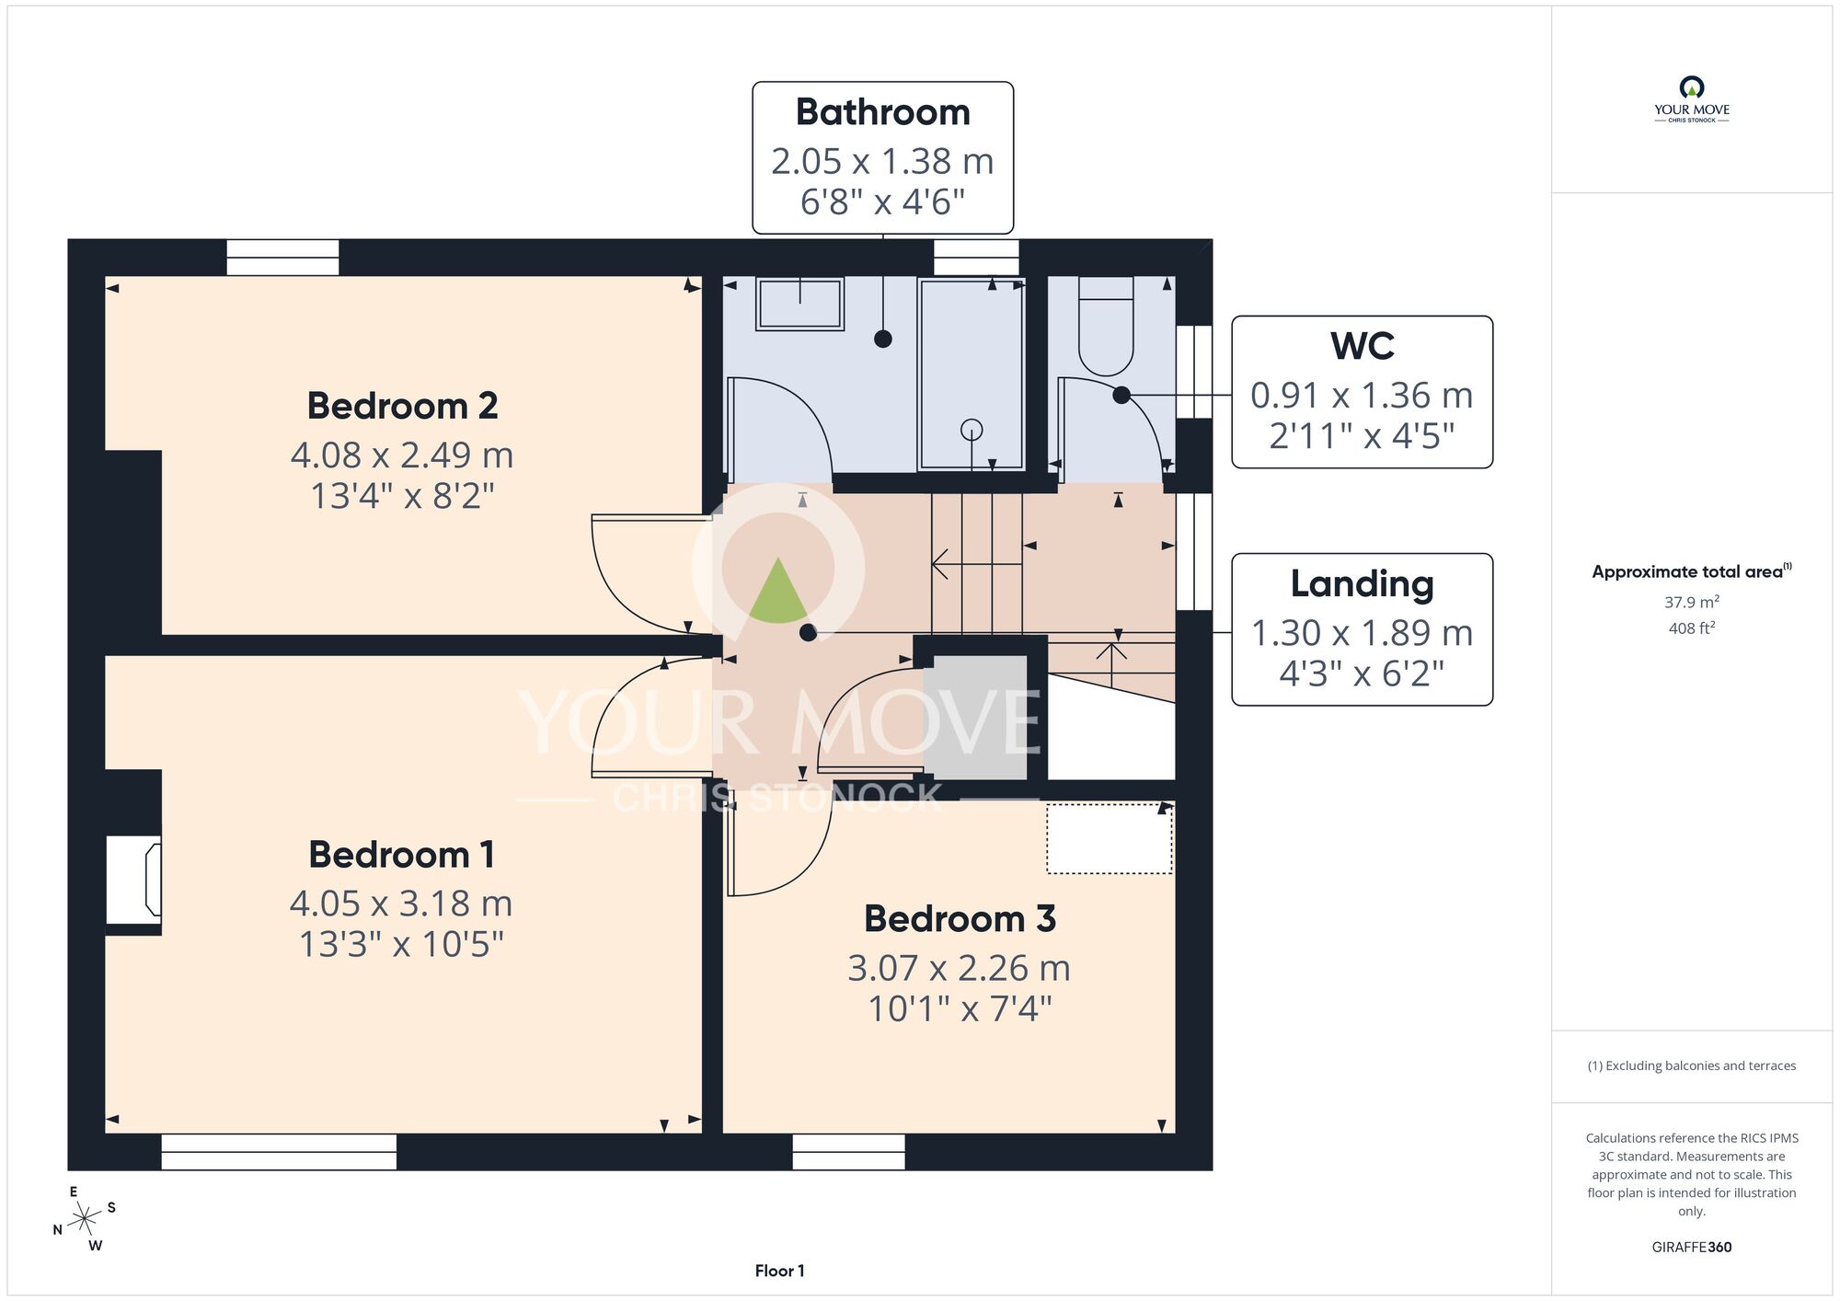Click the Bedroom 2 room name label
click(x=402, y=406)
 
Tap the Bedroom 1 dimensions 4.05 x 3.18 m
click(x=401, y=904)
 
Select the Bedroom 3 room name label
click(x=960, y=918)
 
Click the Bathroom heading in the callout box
click(x=883, y=112)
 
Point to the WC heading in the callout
click(x=1363, y=346)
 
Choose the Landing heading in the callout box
click(x=1363, y=583)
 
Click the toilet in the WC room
click(x=1106, y=326)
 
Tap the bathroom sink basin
click(x=799, y=304)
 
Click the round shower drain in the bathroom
click(x=972, y=430)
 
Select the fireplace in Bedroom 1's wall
click(x=134, y=880)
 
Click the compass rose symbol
click(x=85, y=1220)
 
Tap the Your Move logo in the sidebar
click(x=1692, y=99)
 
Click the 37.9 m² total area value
click(x=1692, y=602)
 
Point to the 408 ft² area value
click(x=1692, y=628)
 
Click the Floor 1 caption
click(x=779, y=1271)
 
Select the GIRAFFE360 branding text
click(x=1692, y=1248)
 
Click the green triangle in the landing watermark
click(x=778, y=590)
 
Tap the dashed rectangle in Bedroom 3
click(x=1110, y=839)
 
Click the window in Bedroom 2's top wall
click(x=282, y=258)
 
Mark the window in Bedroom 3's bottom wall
click(x=848, y=1152)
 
